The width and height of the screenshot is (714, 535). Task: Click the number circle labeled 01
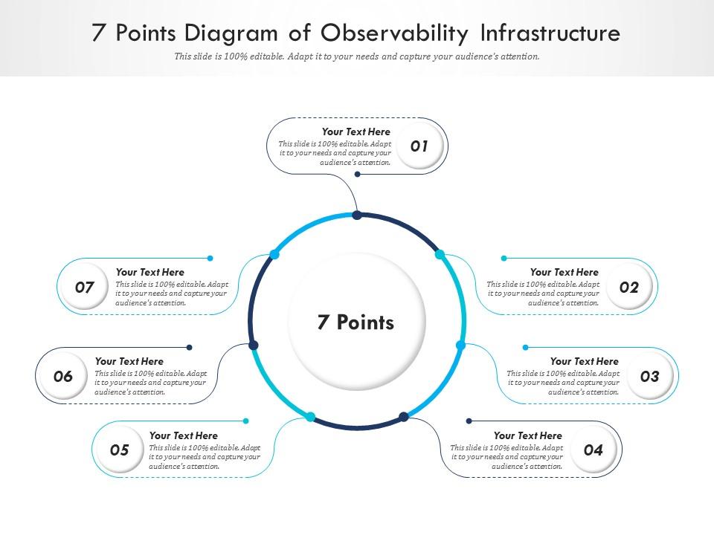pyautogui.click(x=420, y=146)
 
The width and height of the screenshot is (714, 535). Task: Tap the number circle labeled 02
pyautogui.click(x=629, y=287)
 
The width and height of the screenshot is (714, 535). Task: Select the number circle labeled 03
pyautogui.click(x=649, y=376)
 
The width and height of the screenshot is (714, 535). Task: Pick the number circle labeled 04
pyautogui.click(x=593, y=450)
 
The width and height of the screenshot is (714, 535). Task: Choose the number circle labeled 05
pyautogui.click(x=120, y=450)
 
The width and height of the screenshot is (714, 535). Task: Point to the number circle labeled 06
pyautogui.click(x=63, y=376)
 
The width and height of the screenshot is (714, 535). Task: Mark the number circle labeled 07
pyautogui.click(x=85, y=287)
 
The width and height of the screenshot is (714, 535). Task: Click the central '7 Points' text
pyautogui.click(x=356, y=322)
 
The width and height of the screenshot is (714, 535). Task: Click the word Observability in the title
pyautogui.click(x=395, y=33)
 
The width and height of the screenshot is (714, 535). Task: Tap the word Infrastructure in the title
pyautogui.click(x=550, y=33)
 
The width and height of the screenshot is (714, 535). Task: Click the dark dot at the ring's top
pyautogui.click(x=357, y=215)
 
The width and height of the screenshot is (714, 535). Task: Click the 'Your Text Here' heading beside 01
pyautogui.click(x=356, y=132)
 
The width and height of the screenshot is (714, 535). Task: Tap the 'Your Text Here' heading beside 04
pyautogui.click(x=528, y=435)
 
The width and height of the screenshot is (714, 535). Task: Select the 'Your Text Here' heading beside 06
pyautogui.click(x=129, y=361)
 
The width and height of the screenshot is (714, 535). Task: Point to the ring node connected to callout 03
pyautogui.click(x=460, y=346)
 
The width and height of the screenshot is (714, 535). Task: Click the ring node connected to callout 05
pyautogui.click(x=311, y=417)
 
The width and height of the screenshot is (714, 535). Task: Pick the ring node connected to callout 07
pyautogui.click(x=274, y=255)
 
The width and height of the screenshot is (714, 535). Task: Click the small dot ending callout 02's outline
pyautogui.click(x=504, y=259)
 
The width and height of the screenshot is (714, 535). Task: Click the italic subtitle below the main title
pyautogui.click(x=357, y=56)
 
